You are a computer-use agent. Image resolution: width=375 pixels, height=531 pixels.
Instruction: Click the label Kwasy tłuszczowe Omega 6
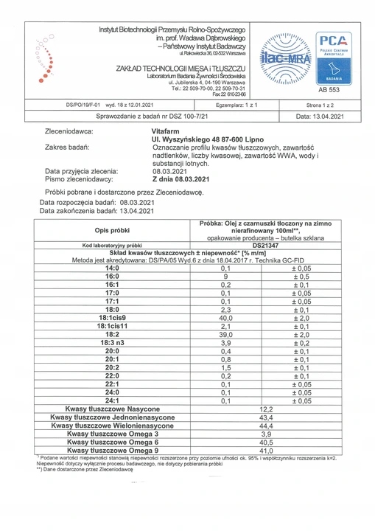(112, 442)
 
